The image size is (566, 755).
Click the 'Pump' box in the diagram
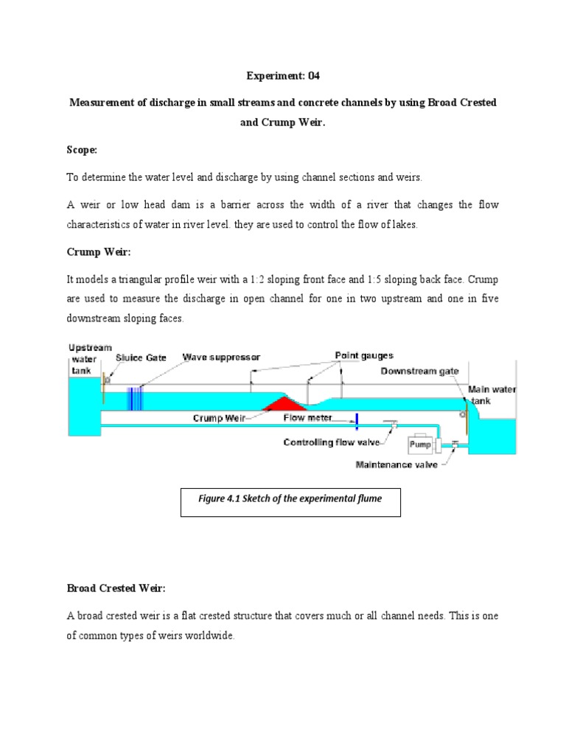[x=420, y=445]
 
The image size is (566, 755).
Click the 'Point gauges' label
[x=363, y=355]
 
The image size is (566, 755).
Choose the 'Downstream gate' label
[x=419, y=371]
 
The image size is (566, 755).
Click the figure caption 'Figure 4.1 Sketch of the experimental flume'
[x=290, y=498]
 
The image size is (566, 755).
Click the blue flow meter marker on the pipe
[x=355, y=420]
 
